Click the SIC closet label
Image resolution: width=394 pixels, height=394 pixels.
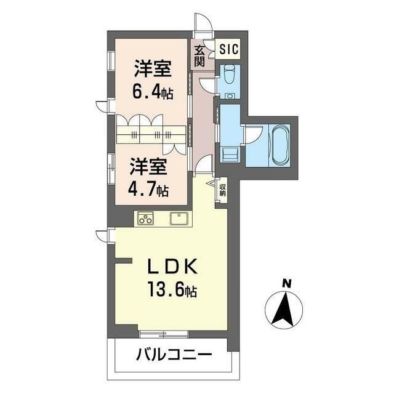228,49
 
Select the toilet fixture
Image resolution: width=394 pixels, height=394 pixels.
228,74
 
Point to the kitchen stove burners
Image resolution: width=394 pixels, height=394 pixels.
145,219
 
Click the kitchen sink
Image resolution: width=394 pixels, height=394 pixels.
179,219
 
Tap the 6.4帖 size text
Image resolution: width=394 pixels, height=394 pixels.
153,92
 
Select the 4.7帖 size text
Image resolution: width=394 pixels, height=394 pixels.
148,190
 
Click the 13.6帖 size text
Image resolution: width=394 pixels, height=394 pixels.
172,289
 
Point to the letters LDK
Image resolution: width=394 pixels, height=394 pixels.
172,267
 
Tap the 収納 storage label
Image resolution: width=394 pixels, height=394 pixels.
222,190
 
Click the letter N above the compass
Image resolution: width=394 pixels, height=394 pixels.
286,284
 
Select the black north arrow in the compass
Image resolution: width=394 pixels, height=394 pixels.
284,309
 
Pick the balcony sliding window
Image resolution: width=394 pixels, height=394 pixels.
164,334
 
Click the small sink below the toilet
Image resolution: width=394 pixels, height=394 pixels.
228,96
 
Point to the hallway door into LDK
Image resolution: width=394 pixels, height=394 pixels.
204,164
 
